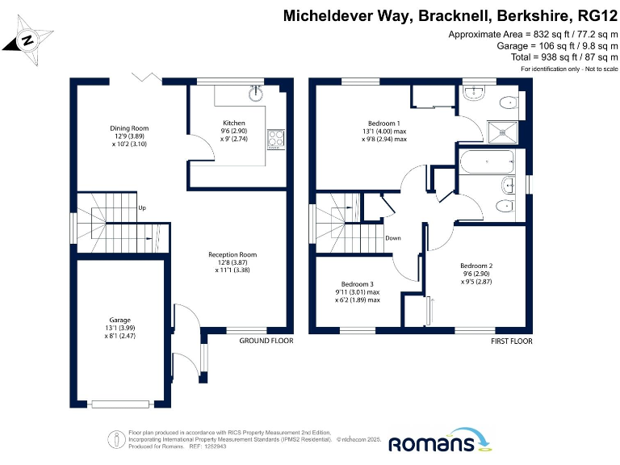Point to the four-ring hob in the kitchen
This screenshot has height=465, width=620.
tap(277, 139)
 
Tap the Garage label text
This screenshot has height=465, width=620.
tap(120, 328)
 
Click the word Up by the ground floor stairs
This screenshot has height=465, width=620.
tap(142, 207)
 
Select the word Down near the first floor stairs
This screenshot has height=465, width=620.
tap(393, 238)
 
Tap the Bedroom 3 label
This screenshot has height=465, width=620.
tap(357, 291)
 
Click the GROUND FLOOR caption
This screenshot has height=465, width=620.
tap(266, 341)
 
